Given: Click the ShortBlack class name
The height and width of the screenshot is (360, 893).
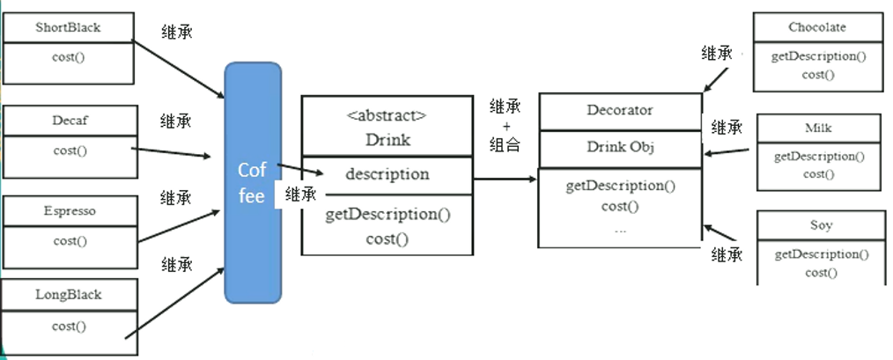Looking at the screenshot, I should [68, 27].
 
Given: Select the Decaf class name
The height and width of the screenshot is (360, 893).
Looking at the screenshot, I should [70, 120].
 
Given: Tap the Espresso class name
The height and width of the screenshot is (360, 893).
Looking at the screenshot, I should [70, 211].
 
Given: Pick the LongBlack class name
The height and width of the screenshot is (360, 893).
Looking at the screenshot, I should [70, 294].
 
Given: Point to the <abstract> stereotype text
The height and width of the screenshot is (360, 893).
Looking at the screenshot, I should [387, 116].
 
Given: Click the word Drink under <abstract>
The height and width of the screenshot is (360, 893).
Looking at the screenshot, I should [387, 140].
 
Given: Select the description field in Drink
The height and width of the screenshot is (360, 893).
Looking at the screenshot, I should [387, 174].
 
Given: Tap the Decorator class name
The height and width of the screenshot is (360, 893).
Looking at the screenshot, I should [620, 110].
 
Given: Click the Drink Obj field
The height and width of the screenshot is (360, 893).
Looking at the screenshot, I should [620, 147].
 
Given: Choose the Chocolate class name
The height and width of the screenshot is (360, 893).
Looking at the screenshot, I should [817, 27].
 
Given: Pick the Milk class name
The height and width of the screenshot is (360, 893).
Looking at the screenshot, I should [818, 128].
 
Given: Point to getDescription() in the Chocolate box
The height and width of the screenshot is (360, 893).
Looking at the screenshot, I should [818, 56].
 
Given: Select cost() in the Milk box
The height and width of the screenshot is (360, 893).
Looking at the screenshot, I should [818, 173].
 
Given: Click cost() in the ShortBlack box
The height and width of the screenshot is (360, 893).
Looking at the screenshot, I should [70, 58].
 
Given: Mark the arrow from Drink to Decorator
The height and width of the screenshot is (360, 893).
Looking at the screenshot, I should [506, 179].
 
